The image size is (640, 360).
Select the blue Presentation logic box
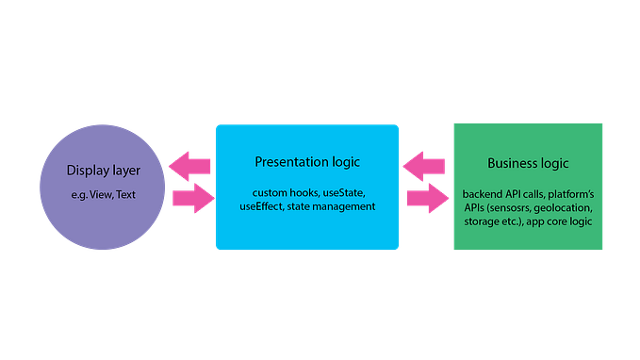(307, 231)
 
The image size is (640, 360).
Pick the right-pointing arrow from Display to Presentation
(191, 199)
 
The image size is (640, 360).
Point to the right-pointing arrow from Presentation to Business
(426, 199)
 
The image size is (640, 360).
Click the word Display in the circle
(88, 171)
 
